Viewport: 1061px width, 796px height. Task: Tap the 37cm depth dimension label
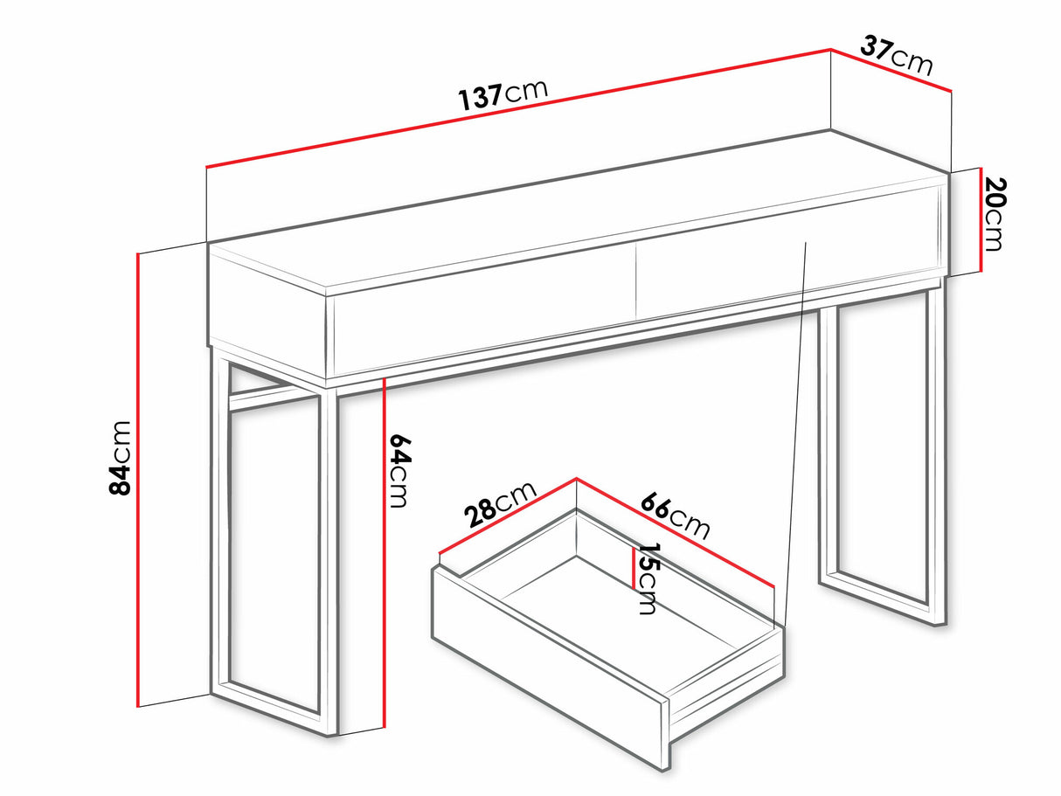pyautogui.click(x=896, y=56)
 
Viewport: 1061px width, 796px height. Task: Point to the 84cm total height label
pyautogui.click(x=120, y=458)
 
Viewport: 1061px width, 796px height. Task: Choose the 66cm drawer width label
pyautogui.click(x=676, y=516)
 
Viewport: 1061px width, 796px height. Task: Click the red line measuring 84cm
pyautogui.click(x=138, y=479)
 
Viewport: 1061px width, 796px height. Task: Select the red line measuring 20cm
pyautogui.click(x=981, y=220)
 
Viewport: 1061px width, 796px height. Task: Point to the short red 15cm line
pyautogui.click(x=634, y=568)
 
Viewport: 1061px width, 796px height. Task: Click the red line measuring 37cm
pyautogui.click(x=891, y=70)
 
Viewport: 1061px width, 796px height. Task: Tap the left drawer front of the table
pyautogui.click(x=483, y=310)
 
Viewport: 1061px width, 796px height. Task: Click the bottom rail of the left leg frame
pyautogui.click(x=273, y=708)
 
